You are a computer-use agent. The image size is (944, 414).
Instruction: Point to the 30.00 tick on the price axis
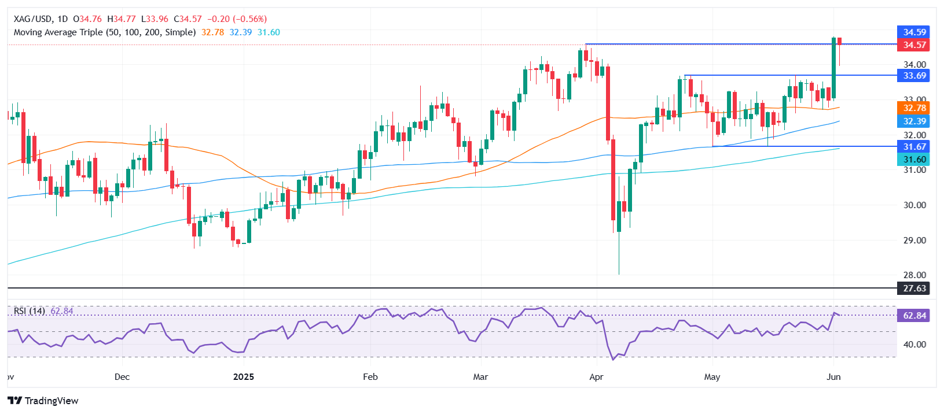pyautogui.click(x=914, y=205)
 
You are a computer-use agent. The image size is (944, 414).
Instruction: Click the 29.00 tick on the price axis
pyautogui.click(x=914, y=241)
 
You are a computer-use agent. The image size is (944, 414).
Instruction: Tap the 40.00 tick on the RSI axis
pyautogui.click(x=914, y=345)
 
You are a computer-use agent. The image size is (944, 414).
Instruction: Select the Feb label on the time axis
pyautogui.click(x=370, y=377)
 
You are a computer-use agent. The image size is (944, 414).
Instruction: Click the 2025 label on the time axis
pyautogui.click(x=244, y=377)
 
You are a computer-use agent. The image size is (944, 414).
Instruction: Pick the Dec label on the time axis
pyautogui.click(x=122, y=377)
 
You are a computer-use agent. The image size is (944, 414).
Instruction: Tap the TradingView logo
pyautogui.click(x=44, y=401)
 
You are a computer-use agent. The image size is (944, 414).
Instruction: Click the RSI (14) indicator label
pyautogui.click(x=30, y=311)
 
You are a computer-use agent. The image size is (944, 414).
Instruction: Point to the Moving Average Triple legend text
pyautogui.click(x=105, y=32)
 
